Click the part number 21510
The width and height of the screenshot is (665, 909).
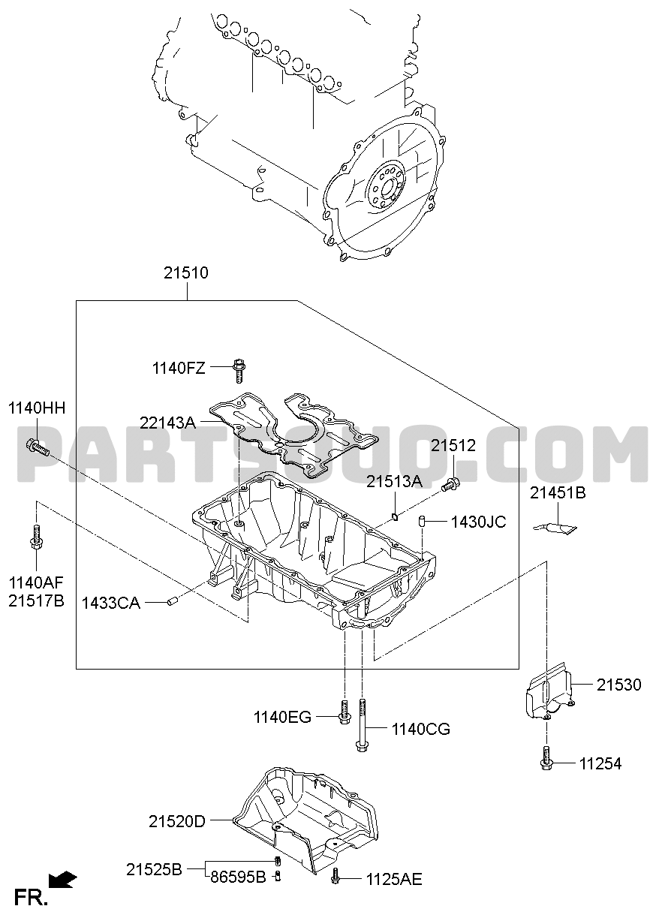tap(186, 273)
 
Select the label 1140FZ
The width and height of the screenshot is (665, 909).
tap(179, 369)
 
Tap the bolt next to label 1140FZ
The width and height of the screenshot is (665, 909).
tap(239, 371)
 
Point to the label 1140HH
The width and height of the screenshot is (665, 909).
tap(37, 408)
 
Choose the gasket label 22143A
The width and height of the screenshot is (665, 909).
tap(167, 423)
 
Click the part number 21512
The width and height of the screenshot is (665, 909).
tap(453, 446)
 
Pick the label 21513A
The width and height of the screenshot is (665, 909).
tap(395, 482)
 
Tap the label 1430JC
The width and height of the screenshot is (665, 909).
tap(479, 522)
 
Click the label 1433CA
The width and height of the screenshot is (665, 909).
tap(111, 603)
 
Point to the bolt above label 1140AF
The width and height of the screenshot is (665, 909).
tap(37, 537)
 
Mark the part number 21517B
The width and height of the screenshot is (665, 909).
tap(37, 601)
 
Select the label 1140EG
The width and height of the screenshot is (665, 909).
tap(282, 718)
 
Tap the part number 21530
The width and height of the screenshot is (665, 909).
tap(618, 685)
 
